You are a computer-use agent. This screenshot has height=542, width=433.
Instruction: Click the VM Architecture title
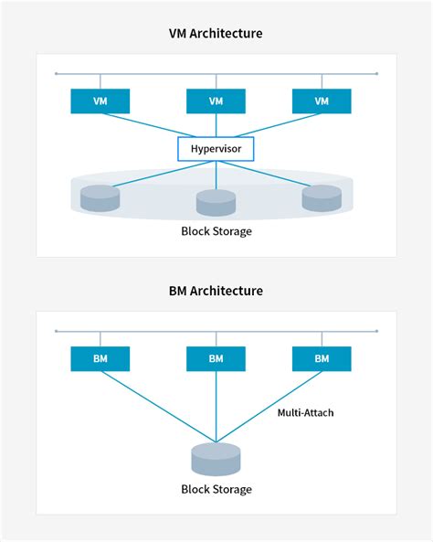(x=216, y=35)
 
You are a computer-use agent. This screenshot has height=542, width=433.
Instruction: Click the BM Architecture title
(x=216, y=291)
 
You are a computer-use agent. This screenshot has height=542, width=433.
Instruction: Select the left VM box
(x=100, y=101)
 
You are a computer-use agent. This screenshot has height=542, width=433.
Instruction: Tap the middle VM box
(x=216, y=101)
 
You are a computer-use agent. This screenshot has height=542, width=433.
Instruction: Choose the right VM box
(x=322, y=101)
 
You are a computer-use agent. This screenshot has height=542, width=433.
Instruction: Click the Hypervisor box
(x=216, y=148)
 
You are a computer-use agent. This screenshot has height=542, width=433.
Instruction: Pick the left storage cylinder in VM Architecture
(x=100, y=197)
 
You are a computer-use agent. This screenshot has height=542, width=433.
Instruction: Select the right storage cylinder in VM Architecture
(x=322, y=197)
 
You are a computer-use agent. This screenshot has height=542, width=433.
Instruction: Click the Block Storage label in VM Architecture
(x=216, y=231)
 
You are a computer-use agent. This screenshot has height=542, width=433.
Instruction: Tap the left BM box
(x=100, y=358)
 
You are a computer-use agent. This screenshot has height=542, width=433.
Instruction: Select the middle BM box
(x=216, y=358)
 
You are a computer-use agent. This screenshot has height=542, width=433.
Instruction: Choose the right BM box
(x=322, y=358)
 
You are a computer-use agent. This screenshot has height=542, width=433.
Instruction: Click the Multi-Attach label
(x=305, y=413)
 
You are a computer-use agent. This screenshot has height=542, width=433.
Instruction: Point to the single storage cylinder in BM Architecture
(x=216, y=458)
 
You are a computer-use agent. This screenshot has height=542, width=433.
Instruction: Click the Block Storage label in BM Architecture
(x=216, y=489)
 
